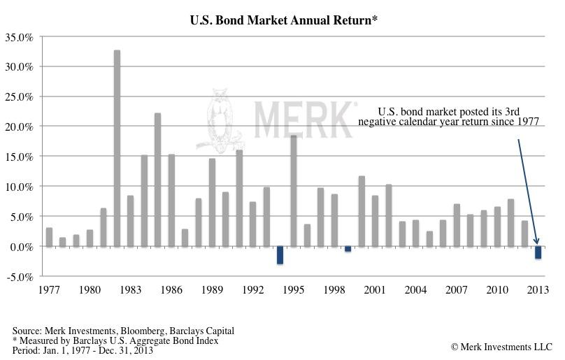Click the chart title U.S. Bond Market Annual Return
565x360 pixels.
pos(284,21)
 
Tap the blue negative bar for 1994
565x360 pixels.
pos(280,255)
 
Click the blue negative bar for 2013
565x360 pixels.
pos(538,252)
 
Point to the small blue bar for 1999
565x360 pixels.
pos(348,249)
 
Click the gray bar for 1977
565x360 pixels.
pos(49,237)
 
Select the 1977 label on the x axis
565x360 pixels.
pos(49,289)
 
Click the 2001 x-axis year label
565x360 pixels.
pos(375,289)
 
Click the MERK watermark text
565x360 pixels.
pos(303,119)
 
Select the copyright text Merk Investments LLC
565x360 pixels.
pos(501,347)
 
